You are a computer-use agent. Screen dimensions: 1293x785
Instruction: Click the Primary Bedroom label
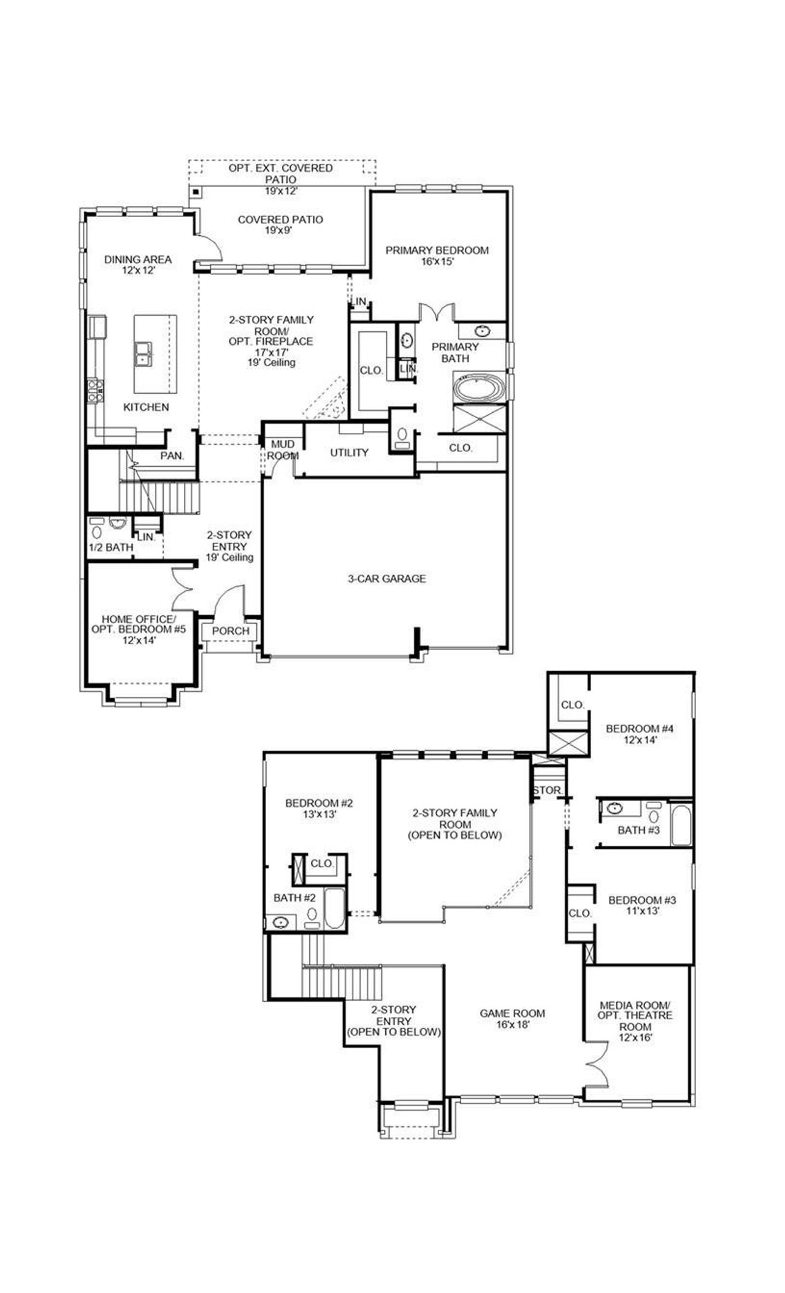coord(437,250)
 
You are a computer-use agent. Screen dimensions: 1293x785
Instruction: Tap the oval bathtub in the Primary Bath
coord(479,389)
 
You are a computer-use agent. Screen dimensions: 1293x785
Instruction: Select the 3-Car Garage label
coord(386,578)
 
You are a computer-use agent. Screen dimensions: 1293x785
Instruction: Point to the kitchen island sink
coord(144,353)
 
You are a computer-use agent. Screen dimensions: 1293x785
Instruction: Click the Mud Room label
coord(282,450)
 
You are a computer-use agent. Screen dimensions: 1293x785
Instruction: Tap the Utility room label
coord(349,453)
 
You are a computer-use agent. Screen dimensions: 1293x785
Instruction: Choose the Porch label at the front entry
coord(231,631)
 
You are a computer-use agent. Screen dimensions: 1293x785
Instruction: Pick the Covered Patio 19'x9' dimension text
coord(280,231)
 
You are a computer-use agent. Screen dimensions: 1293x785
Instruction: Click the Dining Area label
coord(137,259)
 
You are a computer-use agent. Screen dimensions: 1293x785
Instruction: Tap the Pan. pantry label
coord(172,456)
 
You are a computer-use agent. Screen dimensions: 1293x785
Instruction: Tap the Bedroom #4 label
coord(639,729)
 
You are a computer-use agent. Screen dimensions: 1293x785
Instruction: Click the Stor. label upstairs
coord(547,791)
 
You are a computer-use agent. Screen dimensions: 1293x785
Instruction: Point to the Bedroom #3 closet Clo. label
coord(579,913)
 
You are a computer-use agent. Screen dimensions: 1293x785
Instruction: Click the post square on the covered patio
coord(195,193)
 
